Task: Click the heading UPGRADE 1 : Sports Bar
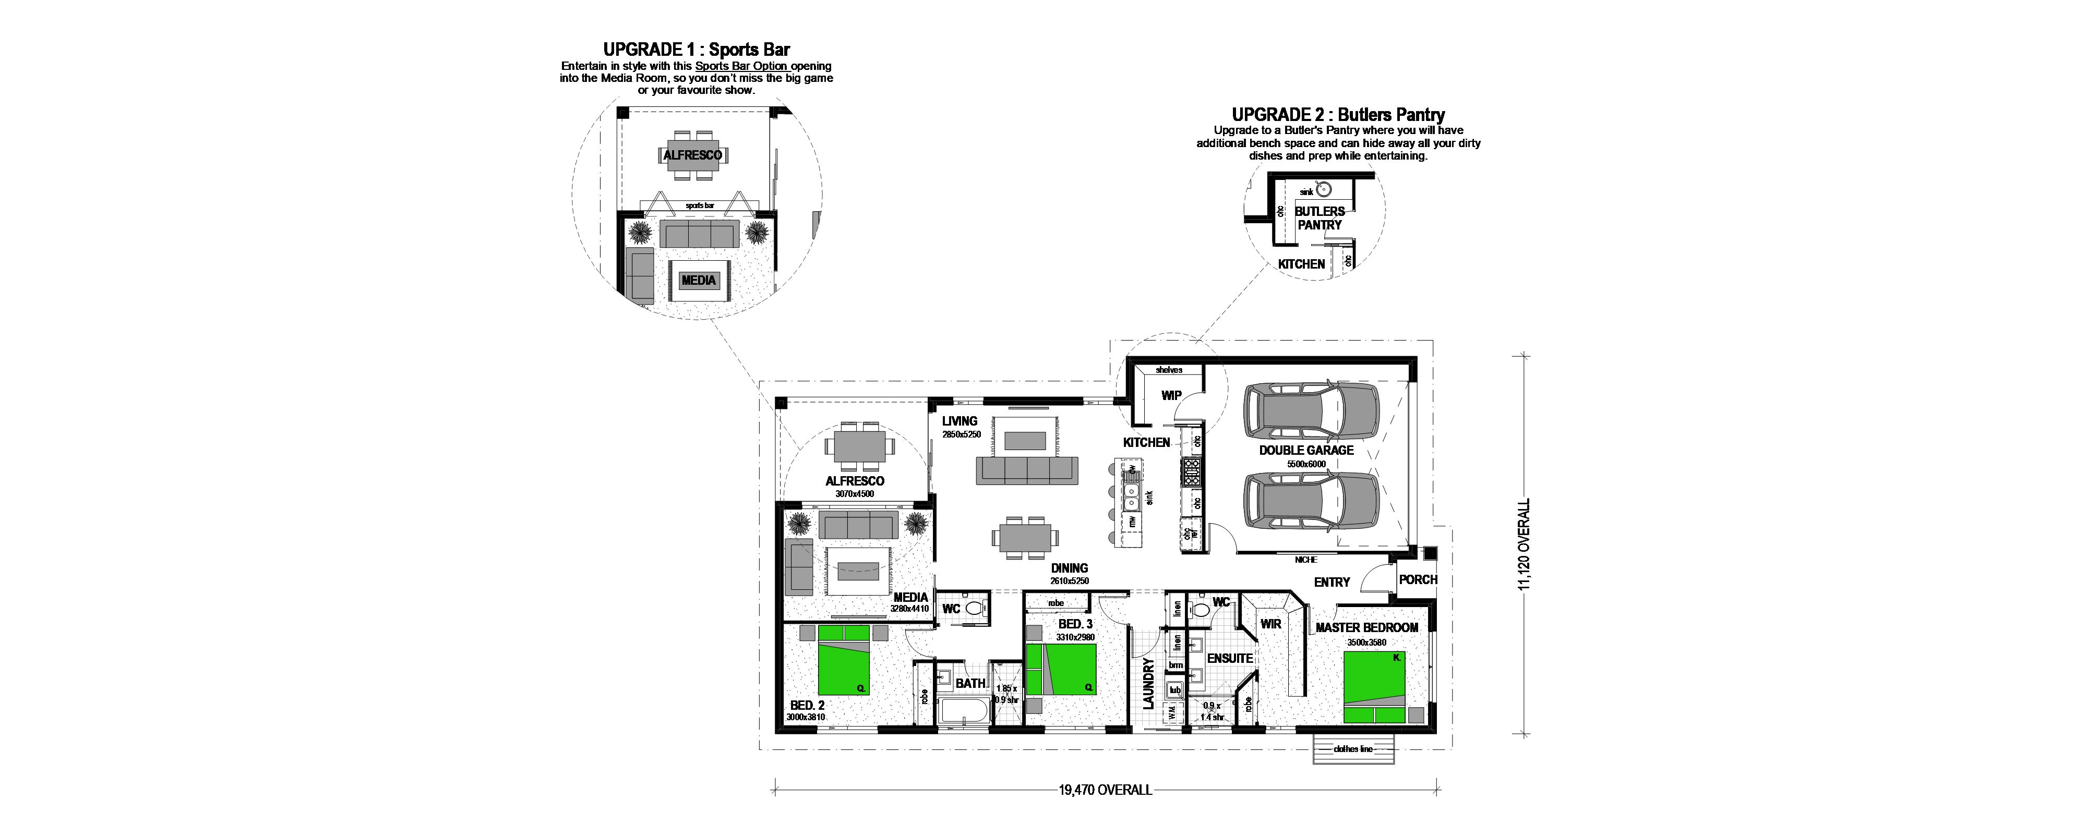[x=696, y=50]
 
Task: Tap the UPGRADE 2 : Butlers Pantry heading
[x=1338, y=115]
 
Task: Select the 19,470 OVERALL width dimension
[x=1104, y=790]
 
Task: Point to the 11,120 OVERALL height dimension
[x=1524, y=544]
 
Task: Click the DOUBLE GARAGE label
[x=1306, y=451]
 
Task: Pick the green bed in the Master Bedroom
[x=1374, y=687]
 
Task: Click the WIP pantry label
[x=1171, y=395]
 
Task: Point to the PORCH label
[x=1418, y=580]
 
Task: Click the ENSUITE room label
[x=1230, y=659]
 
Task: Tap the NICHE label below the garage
[x=1306, y=560]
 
